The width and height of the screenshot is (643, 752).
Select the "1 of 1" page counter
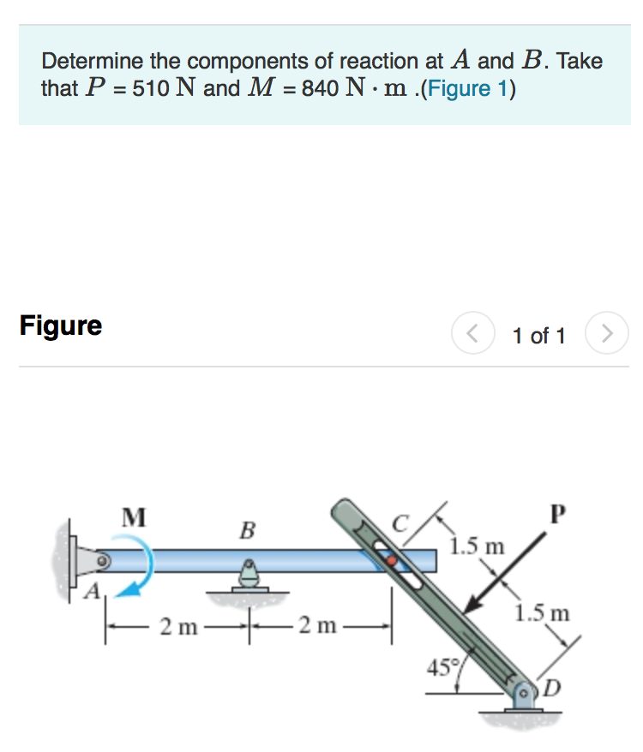(x=538, y=335)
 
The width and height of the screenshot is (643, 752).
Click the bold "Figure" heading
(x=61, y=325)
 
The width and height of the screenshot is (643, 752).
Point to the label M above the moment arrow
(x=133, y=516)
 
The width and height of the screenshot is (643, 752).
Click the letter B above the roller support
(x=247, y=531)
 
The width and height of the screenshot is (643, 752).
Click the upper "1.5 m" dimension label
(x=478, y=546)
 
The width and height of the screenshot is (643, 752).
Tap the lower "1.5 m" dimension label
(x=542, y=613)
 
